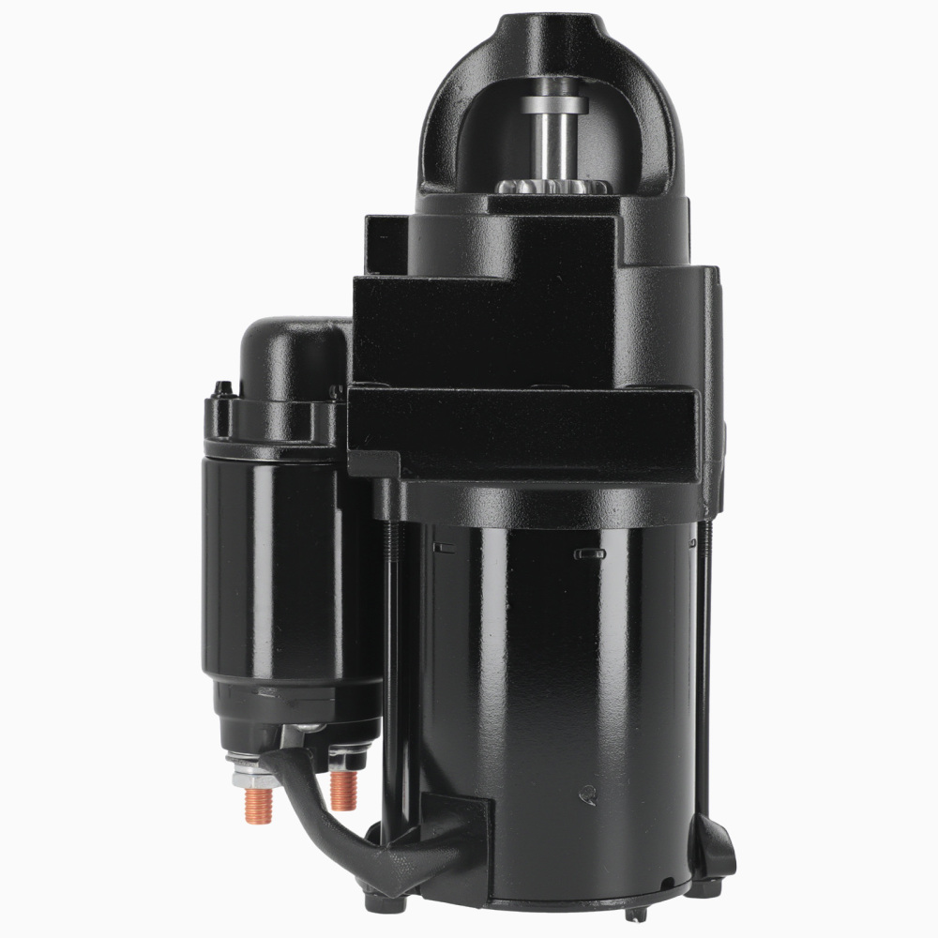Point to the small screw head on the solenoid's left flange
[x=219, y=388]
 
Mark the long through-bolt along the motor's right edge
[x=704, y=657]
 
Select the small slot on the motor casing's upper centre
[x=589, y=555]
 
